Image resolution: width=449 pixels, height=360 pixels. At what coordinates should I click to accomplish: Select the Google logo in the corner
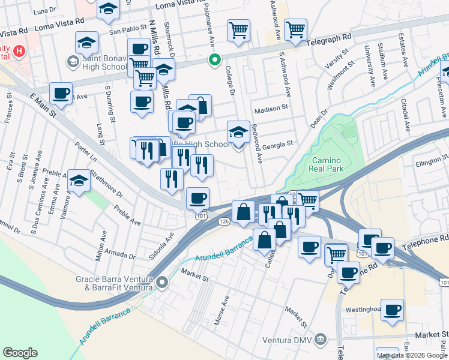point(20,353)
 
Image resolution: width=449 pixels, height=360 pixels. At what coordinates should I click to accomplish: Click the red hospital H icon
point(20,51)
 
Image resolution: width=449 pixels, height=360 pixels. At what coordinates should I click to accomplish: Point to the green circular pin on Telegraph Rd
point(214,60)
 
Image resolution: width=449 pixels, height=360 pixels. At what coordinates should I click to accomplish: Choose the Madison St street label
point(271,110)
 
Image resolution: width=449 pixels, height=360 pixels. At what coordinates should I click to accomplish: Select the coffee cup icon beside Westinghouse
point(393,310)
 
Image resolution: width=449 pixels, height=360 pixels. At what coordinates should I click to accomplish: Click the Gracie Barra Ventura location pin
point(163,282)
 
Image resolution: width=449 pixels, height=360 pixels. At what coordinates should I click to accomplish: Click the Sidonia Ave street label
point(170,243)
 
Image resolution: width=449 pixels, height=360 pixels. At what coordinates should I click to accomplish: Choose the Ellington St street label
point(428,161)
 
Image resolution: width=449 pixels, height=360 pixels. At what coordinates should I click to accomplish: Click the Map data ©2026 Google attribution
point(412,355)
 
